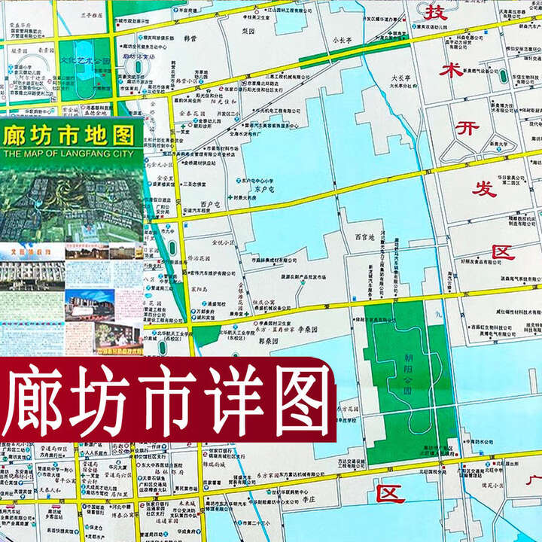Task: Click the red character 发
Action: point(484,189)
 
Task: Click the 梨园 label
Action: point(249,34)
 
